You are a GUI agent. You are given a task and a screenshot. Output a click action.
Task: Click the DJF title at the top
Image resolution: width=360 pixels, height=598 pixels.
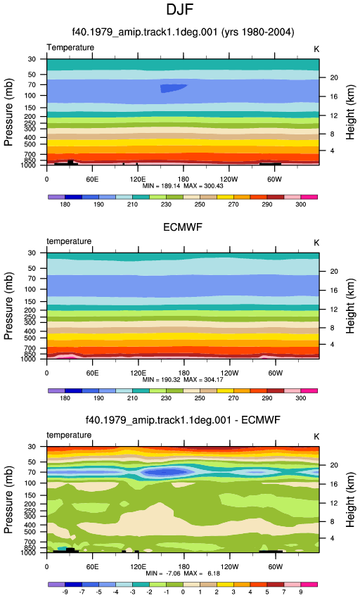tap(179, 10)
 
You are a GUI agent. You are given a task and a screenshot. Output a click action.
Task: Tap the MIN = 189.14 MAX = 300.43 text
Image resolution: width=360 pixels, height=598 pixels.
tap(183, 186)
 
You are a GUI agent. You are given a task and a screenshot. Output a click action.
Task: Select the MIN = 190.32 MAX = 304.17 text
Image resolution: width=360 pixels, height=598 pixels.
tap(183, 380)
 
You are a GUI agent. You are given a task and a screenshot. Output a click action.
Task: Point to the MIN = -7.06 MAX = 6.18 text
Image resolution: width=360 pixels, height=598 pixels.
tap(183, 573)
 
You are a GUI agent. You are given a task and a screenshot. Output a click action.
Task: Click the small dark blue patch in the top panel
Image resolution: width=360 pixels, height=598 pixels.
tap(172, 89)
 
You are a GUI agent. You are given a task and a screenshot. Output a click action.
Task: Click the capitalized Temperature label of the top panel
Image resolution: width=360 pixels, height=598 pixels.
tap(70, 48)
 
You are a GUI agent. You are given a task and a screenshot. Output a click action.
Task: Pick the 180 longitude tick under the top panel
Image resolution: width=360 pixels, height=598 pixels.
tap(184, 179)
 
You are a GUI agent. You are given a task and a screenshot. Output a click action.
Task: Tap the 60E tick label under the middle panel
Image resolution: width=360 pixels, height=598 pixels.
tap(92, 373)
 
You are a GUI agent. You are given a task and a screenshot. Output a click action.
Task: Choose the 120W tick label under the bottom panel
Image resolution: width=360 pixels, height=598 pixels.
tap(229, 567)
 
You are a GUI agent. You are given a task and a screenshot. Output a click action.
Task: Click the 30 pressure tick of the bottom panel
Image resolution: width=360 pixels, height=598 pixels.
tap(32, 447)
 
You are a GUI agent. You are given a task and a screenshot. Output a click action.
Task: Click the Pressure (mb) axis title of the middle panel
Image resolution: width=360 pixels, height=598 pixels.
tap(8, 306)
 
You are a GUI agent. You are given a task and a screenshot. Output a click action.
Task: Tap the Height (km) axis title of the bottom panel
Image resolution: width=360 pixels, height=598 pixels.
tap(350, 500)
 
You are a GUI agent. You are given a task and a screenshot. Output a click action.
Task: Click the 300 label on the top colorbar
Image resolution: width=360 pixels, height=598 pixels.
tap(300, 205)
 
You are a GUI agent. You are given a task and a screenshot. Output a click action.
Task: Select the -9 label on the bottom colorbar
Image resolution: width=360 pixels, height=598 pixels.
tap(65, 592)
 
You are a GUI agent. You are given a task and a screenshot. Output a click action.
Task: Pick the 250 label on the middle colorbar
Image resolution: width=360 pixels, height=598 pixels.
tap(200, 398)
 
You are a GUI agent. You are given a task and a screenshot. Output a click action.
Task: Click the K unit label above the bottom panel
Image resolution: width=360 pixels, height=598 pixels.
tap(316, 437)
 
